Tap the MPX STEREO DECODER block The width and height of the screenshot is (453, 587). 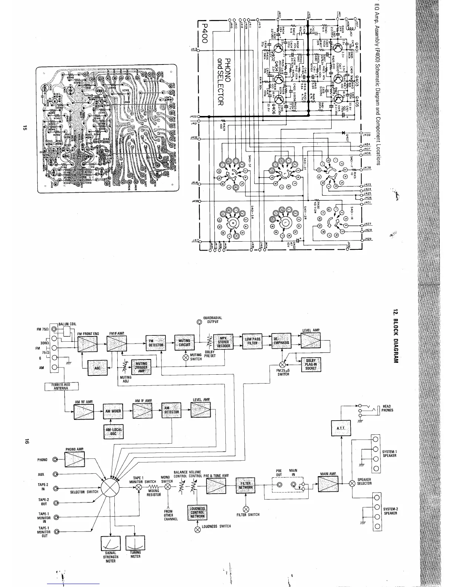coord(223,342)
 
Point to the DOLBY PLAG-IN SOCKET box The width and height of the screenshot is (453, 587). coord(311,365)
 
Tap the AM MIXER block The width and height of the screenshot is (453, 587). coord(113,411)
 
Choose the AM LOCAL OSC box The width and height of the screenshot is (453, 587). coord(114,432)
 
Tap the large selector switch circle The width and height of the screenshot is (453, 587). coord(112,487)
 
